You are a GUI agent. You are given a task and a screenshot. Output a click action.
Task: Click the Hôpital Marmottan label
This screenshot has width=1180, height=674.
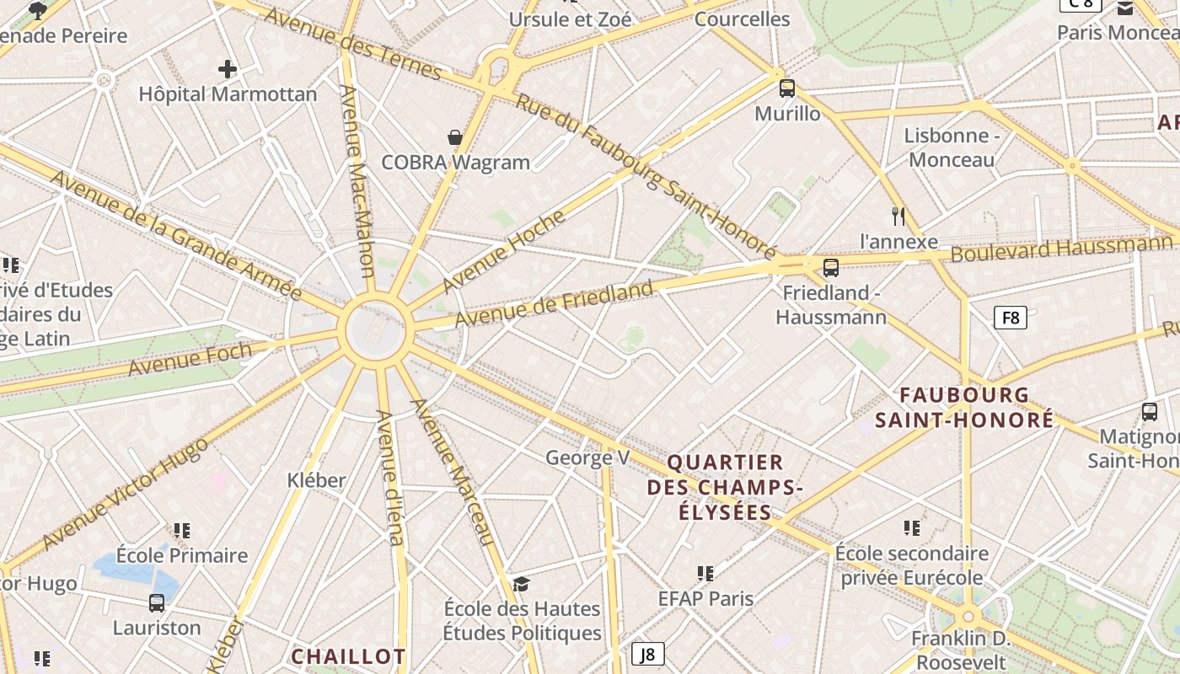[228, 94]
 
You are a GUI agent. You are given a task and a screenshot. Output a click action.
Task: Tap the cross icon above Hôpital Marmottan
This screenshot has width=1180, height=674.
[227, 69]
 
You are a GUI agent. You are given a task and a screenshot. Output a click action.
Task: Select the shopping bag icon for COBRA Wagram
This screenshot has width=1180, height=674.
[455, 137]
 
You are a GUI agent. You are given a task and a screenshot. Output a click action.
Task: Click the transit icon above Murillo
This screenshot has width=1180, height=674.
[787, 88]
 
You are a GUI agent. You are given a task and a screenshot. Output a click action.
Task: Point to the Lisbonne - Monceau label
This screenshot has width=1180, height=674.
[952, 147]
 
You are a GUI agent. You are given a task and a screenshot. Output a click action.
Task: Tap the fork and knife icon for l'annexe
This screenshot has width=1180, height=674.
[898, 217]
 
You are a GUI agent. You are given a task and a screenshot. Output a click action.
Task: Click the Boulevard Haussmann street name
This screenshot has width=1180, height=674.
[1062, 249]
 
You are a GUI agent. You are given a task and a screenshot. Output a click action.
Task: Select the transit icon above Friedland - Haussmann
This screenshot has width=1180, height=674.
[831, 268]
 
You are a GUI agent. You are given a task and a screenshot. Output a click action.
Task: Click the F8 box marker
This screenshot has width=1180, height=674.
[1011, 318]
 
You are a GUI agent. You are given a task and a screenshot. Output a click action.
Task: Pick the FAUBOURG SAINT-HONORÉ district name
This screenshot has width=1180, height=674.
[964, 407]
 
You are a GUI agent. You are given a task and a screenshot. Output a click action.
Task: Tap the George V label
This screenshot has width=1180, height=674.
[587, 457]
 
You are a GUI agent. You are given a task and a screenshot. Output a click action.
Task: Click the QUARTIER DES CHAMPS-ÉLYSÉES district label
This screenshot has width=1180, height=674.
[725, 487]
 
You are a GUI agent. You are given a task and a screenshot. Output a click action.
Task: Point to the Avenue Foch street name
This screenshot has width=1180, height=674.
[190, 359]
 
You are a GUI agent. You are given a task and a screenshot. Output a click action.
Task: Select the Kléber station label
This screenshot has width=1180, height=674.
[317, 480]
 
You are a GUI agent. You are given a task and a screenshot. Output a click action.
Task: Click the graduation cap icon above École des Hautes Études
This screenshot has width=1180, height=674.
[522, 584]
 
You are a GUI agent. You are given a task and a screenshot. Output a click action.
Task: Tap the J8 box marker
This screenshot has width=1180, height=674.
[647, 653]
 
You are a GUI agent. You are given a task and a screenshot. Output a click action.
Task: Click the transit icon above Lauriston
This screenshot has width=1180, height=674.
[157, 603]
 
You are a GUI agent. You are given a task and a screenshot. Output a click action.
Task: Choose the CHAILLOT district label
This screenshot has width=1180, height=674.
[348, 656]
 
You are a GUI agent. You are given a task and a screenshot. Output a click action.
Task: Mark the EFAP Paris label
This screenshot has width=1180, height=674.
[705, 598]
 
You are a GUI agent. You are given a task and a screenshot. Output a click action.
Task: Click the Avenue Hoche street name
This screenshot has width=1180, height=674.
[503, 250]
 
